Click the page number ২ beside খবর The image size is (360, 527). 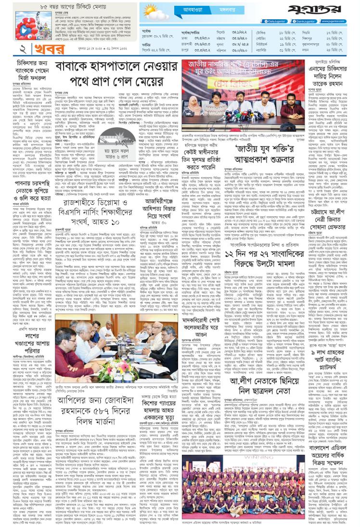coord(10,50)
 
